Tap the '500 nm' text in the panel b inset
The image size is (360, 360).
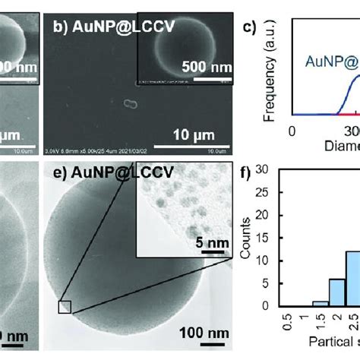(x=207, y=67)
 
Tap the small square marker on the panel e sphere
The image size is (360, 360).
(x=65, y=306)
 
